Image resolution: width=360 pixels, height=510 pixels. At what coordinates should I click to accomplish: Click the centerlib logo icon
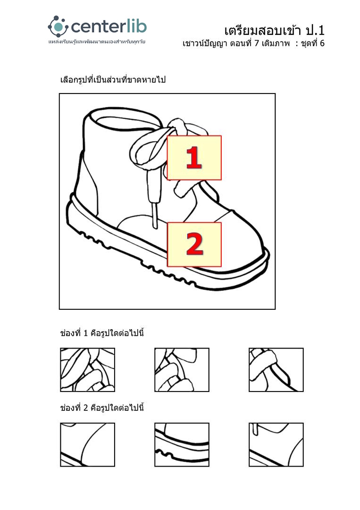coord(58,26)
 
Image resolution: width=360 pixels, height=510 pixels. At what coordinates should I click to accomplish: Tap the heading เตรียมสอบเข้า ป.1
coord(274,30)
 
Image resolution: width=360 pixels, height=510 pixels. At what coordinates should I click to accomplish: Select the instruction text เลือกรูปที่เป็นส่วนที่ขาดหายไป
coord(113,79)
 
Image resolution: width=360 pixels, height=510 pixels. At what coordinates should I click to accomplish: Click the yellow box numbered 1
coord(194,158)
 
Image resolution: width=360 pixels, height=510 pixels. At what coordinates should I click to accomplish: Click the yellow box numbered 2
coord(194,245)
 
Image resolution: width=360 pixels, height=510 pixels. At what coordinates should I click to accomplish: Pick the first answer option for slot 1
coord(87,370)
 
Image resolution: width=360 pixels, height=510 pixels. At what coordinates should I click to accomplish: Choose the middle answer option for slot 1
coord(182,370)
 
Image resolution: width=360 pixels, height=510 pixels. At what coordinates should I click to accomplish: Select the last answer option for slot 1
coord(276,370)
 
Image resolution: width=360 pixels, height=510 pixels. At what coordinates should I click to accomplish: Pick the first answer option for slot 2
coord(87,445)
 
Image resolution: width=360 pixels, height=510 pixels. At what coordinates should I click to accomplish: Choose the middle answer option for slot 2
coord(182,445)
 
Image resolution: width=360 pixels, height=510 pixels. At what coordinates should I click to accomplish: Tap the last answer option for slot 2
coord(276,445)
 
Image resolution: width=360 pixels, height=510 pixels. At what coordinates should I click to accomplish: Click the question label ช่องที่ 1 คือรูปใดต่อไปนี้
coord(102,333)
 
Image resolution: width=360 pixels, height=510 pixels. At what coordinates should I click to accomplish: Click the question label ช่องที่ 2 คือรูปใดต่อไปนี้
coord(102,408)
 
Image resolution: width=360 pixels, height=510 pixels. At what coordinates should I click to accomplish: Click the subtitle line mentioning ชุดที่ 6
coord(253,43)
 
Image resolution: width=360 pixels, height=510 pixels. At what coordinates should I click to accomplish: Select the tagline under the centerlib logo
coord(97,42)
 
